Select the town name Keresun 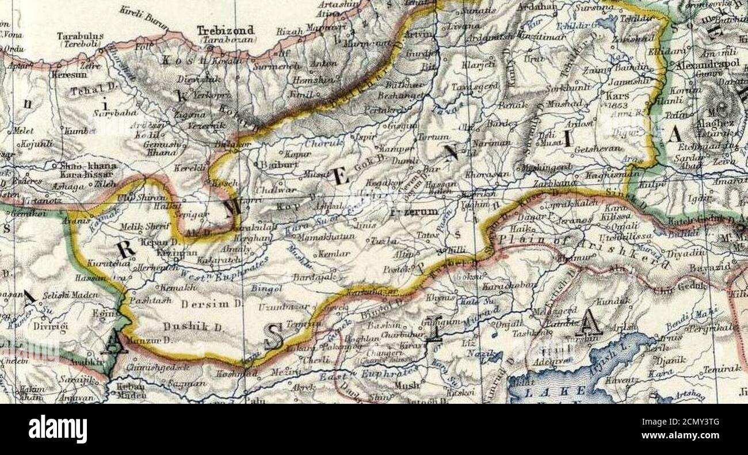(68, 75)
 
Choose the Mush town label (407, 385)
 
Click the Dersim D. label (205, 304)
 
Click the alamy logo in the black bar (58, 429)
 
